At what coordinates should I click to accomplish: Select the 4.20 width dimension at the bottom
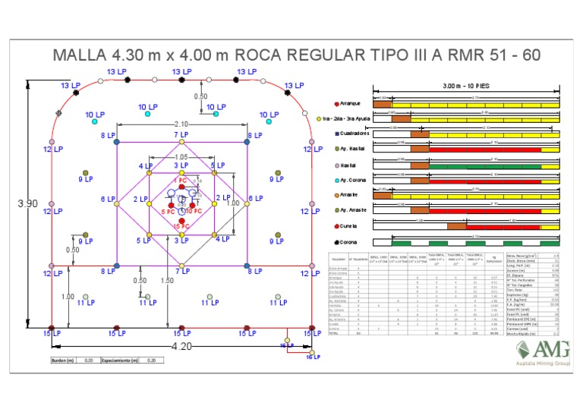pyautogui.click(x=181, y=346)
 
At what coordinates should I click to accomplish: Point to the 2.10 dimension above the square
pyautogui.click(x=181, y=124)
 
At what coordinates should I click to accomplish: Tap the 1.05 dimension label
pyautogui.click(x=181, y=156)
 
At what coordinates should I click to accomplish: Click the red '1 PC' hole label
pyautogui.click(x=179, y=181)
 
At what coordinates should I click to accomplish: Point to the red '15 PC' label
pyautogui.click(x=181, y=226)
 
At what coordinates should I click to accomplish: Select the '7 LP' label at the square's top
pyautogui.click(x=181, y=134)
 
